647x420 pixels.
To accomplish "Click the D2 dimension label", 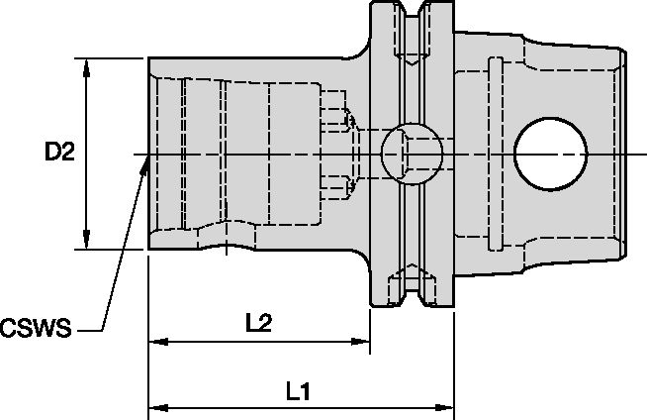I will pyautogui.click(x=60, y=153).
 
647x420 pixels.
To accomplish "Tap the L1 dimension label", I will pyautogui.click(x=299, y=392).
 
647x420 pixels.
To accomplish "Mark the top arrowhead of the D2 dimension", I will pyautogui.click(x=87, y=64).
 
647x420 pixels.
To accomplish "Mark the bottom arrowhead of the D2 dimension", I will pyautogui.click(x=87, y=243).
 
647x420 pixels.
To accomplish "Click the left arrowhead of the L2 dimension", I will pyautogui.click(x=155, y=344).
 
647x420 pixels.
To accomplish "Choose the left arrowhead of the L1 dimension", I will pyautogui.click(x=155, y=407).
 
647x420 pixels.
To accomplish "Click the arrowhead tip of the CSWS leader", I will pyautogui.click(x=146, y=160).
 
